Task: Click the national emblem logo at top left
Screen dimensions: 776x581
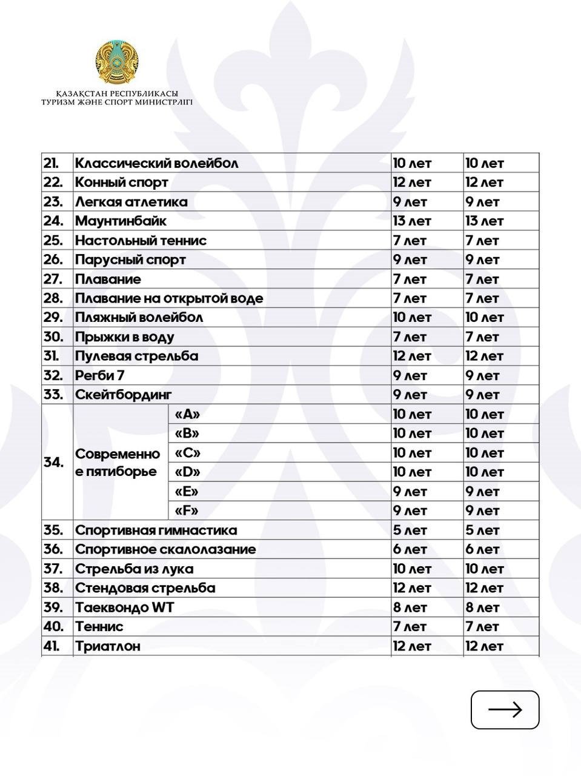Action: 117,63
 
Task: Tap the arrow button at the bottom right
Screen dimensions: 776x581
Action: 505,709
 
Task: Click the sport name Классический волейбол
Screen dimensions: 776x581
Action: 156,163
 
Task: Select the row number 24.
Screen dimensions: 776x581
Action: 53,221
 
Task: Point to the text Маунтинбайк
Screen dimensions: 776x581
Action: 121,221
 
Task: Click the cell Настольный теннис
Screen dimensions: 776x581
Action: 141,241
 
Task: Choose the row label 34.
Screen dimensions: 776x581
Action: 53,462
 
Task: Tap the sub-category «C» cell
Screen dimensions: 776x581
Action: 187,453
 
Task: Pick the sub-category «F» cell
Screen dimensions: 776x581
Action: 187,510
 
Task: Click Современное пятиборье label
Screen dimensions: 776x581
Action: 118,463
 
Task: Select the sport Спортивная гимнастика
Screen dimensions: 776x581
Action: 156,530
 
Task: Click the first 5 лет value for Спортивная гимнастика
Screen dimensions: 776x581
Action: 410,530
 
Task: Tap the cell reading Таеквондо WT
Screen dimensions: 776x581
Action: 124,607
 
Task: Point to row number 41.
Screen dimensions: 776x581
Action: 52,646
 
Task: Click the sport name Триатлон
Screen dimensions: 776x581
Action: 107,646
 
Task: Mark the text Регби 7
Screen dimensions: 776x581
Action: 99,376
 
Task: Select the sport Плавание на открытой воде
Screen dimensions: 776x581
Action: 169,298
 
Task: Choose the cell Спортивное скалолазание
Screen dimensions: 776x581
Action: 165,550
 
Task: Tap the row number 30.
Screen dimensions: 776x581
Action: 53,337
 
